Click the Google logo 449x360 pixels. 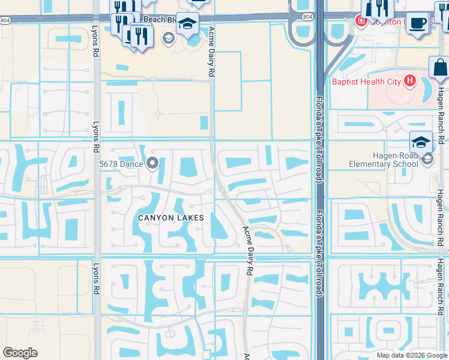coord(20,353)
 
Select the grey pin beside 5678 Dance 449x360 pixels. coord(152,163)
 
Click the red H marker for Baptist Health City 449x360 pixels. coord(410,80)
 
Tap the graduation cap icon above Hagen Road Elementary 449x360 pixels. coord(421,142)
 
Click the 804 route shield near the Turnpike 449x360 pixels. coord(307,17)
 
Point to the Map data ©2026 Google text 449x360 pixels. coord(411,355)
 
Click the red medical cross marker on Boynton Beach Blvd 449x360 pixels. coord(361,22)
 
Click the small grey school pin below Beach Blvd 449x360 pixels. coord(169,39)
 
